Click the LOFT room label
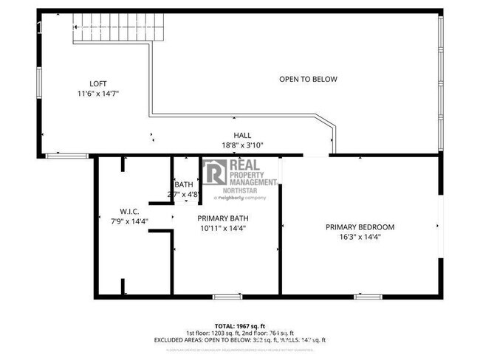[98, 83]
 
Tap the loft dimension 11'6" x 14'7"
[98, 94]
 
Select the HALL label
[242, 135]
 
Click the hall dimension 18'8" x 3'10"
[242, 145]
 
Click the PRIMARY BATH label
[221, 218]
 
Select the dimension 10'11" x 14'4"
[221, 229]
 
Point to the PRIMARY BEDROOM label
[360, 227]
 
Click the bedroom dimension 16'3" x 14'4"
[360, 238]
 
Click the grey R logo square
[216, 173]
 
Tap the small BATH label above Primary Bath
[184, 184]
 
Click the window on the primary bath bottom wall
[224, 297]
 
